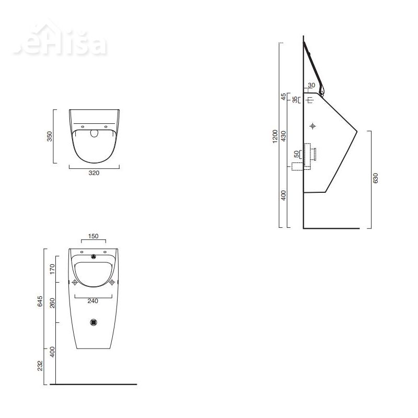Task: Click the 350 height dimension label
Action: [x=50, y=136]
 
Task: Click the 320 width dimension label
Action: [x=94, y=173]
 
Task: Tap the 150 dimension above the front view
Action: [x=94, y=236]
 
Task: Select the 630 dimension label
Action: [x=375, y=178]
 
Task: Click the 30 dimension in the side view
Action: [x=311, y=85]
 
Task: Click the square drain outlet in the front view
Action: [x=94, y=323]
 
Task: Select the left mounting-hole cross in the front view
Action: [x=75, y=283]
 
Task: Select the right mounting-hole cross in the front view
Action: [x=112, y=283]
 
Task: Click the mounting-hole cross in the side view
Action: [x=312, y=126]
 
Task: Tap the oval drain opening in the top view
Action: [x=94, y=133]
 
